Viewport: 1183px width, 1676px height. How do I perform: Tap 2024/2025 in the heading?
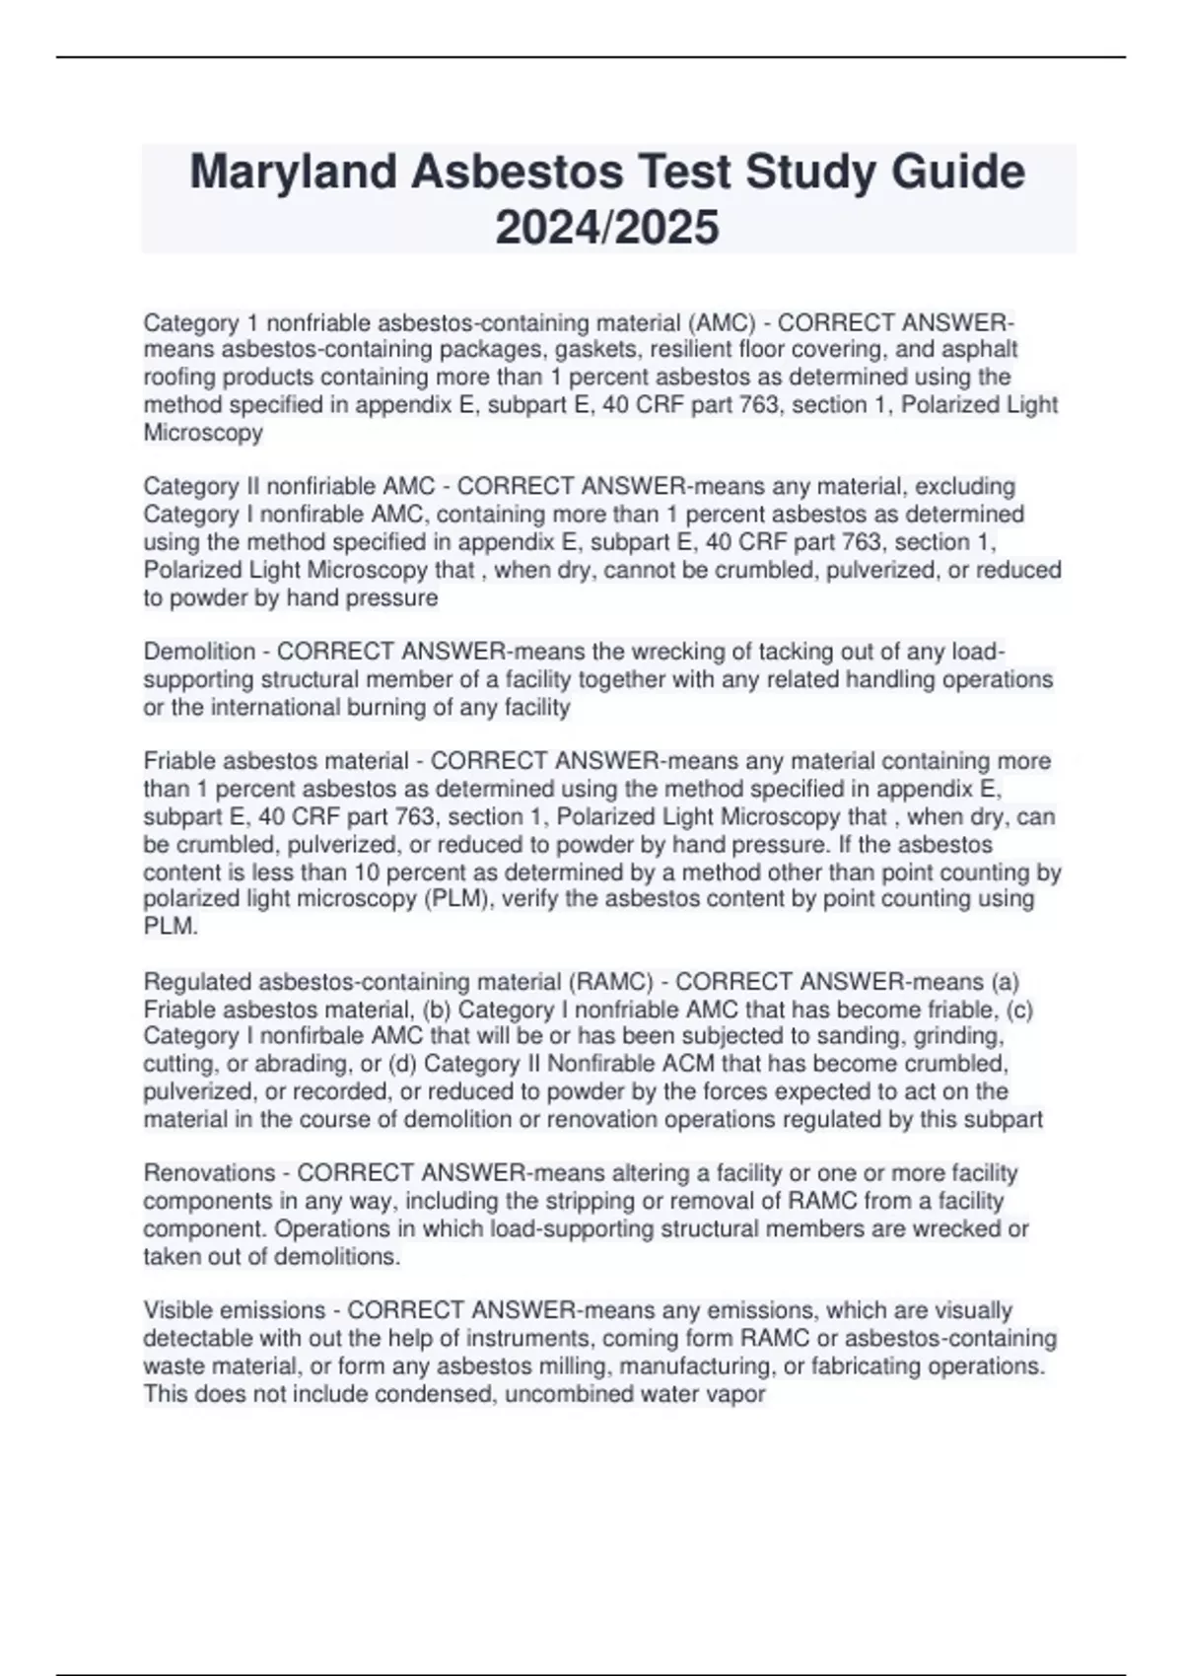[x=606, y=229]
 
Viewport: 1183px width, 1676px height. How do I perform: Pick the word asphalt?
[x=980, y=350]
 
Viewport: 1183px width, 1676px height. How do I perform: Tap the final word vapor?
[x=736, y=1394]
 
